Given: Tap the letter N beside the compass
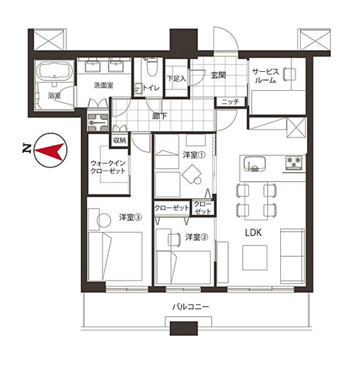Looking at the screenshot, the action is pos(27,149).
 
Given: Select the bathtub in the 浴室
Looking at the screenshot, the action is pos(54,71).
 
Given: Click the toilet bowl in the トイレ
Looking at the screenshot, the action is pos(152,67).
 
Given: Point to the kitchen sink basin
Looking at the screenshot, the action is pos(255,164).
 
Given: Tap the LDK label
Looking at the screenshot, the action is pos(253,233).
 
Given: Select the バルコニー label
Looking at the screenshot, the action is pos(191,307).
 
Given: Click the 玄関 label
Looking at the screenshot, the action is pos(218,75).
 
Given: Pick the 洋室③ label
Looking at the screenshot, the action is pos(130,217).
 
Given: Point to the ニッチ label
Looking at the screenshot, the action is pos(230,102).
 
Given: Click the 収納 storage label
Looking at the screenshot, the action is pos(120,140).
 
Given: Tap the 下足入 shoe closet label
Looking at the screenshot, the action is pos(177,79).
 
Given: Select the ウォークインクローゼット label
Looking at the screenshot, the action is pos(108,167).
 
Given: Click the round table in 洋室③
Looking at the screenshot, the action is pos(104,220).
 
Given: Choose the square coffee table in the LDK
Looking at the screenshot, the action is pos(255,258).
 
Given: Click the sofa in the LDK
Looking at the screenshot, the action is pos(292,256).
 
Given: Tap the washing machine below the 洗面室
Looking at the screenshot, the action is pos(97,122).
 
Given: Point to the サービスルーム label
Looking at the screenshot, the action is pos(265,76).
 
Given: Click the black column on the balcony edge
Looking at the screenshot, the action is pos(184,328).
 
